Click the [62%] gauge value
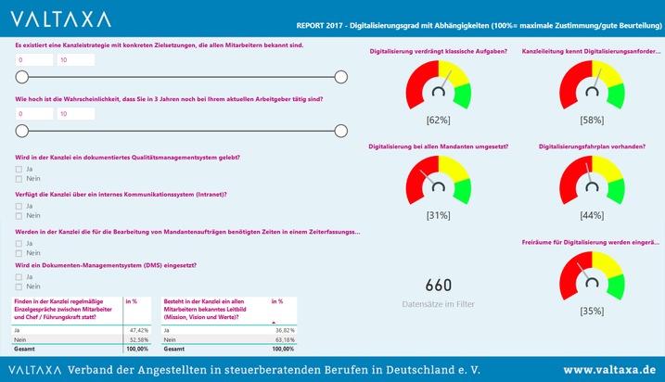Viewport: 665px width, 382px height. (x=438, y=121)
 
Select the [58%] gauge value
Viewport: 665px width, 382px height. (x=591, y=121)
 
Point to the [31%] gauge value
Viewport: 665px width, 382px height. (x=438, y=215)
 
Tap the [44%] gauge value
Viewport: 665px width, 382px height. (x=591, y=215)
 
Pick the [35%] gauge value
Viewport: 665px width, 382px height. (x=591, y=312)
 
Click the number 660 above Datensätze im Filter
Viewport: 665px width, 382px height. (x=438, y=286)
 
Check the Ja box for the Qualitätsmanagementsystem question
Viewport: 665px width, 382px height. (x=19, y=169)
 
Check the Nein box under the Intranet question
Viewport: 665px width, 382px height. (x=19, y=216)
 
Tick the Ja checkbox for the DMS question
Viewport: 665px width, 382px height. (x=19, y=276)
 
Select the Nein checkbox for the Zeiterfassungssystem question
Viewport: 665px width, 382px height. (x=19, y=252)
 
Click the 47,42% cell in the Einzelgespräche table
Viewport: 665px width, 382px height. (x=136, y=329)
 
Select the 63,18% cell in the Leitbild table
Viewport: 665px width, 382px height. (x=282, y=339)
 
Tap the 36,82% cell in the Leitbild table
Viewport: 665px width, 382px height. (x=282, y=329)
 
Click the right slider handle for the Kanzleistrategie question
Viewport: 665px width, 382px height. (x=340, y=77)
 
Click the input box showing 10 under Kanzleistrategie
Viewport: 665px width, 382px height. (x=75, y=60)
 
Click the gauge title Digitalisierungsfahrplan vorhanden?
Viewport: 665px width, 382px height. (x=591, y=146)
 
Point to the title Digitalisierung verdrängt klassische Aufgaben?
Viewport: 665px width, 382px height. (x=438, y=51)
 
